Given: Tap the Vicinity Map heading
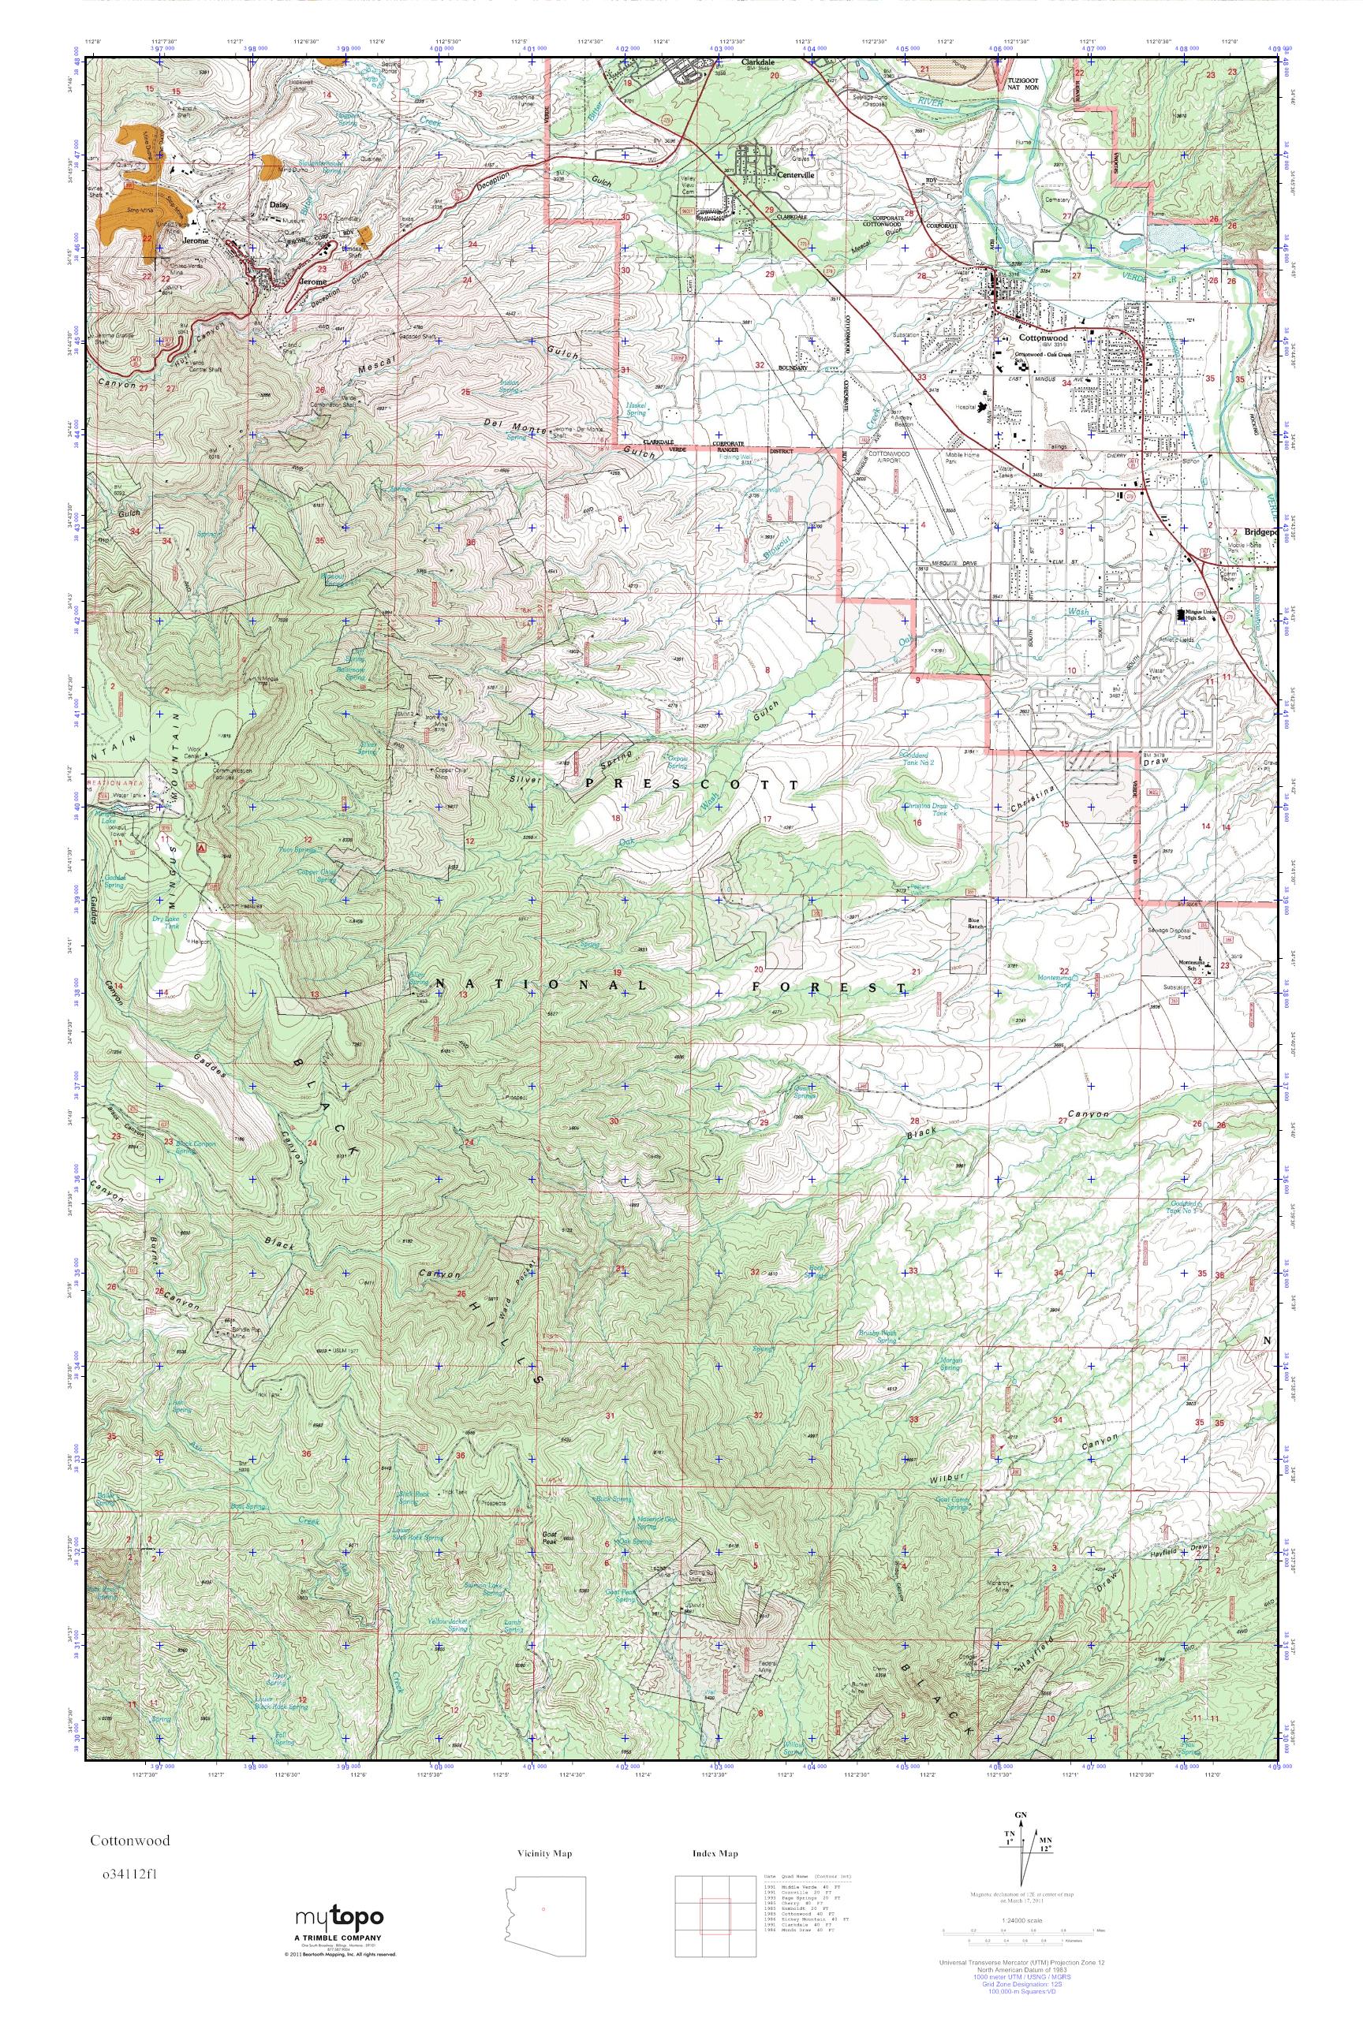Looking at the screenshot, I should coord(543,1854).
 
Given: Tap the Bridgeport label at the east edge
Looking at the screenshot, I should coord(1256,532).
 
